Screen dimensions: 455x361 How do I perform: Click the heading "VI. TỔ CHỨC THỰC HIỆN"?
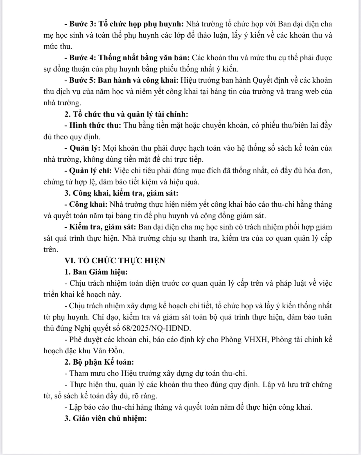(115, 261)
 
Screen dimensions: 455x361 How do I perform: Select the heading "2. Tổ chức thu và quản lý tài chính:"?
(126, 114)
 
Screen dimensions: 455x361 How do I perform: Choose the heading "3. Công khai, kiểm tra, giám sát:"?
(121, 193)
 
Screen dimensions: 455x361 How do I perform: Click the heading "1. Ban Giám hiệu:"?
(96, 272)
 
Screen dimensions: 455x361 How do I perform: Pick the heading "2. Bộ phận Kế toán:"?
(99, 362)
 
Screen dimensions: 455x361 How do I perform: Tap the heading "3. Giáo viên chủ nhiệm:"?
(106, 418)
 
